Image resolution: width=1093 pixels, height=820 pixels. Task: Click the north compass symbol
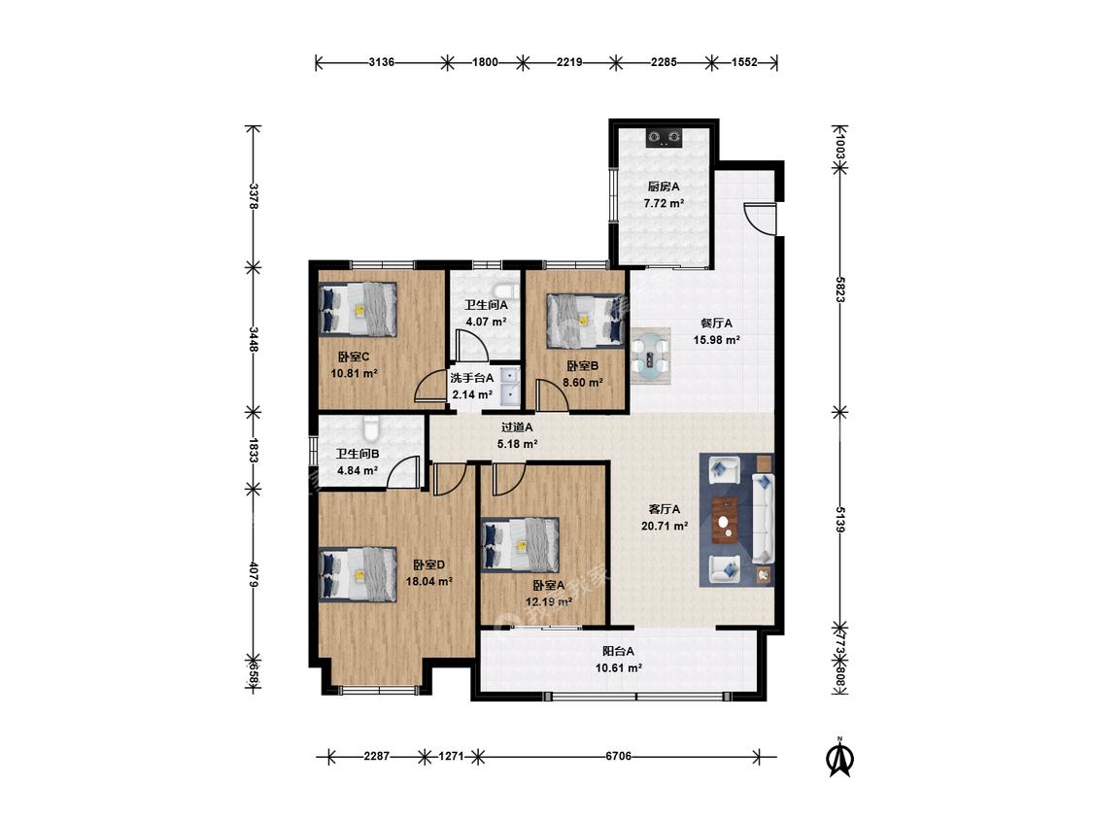(x=840, y=757)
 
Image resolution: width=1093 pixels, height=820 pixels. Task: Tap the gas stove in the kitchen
(x=664, y=137)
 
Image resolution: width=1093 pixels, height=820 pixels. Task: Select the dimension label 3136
(x=381, y=62)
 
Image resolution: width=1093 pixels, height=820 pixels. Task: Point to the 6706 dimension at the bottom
(x=618, y=756)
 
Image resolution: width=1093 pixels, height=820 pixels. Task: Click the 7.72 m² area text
(x=664, y=204)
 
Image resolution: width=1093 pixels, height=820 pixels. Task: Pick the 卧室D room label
(x=428, y=564)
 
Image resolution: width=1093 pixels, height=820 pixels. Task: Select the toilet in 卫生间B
(x=370, y=427)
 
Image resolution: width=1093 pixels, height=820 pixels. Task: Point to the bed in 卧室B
(x=584, y=320)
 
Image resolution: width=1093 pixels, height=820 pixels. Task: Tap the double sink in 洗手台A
(x=509, y=387)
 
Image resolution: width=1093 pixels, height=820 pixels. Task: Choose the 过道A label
(x=517, y=427)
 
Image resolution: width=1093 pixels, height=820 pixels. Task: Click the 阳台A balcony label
(x=618, y=651)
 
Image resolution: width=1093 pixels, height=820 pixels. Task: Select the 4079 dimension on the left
(x=254, y=574)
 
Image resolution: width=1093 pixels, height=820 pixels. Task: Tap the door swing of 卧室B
(x=552, y=395)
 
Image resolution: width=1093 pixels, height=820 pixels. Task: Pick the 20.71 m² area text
(x=665, y=526)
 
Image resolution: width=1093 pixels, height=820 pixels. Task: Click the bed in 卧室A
(x=521, y=545)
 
